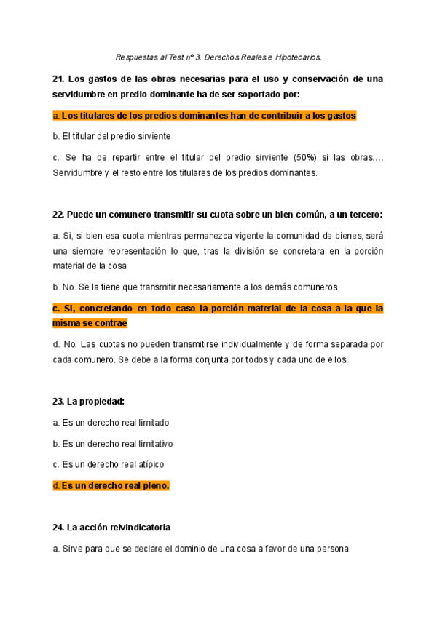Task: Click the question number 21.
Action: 59,79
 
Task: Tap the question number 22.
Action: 59,215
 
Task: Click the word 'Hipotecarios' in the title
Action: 296,57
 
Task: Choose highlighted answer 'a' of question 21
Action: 205,116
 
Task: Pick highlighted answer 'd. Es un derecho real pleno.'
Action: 111,485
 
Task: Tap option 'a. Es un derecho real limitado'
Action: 111,422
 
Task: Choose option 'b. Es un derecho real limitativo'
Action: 113,443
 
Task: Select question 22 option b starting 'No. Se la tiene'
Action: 195,287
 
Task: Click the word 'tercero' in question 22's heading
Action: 364,215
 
